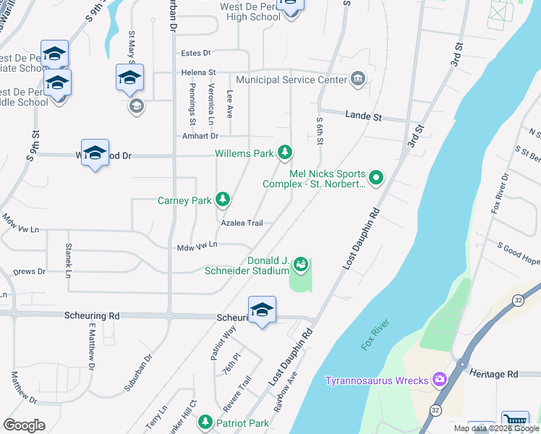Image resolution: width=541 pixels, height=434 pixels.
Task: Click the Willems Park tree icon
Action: click(x=286, y=152)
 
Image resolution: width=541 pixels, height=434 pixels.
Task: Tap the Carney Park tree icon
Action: click(x=223, y=199)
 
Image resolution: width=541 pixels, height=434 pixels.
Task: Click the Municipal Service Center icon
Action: click(x=357, y=79)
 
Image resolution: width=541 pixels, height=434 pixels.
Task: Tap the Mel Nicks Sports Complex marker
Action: click(x=376, y=177)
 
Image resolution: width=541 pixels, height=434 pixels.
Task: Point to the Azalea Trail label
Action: click(x=242, y=223)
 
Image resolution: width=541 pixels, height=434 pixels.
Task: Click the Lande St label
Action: click(x=363, y=116)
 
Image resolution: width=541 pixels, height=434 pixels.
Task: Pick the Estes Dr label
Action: click(x=195, y=53)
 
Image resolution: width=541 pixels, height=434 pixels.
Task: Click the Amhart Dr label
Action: click(x=200, y=136)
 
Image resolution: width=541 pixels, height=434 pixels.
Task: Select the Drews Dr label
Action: click(x=29, y=272)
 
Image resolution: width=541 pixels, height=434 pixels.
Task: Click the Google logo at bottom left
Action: click(x=24, y=425)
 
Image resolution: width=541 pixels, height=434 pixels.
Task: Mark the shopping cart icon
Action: click(x=514, y=422)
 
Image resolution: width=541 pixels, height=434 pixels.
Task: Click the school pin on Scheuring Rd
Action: click(x=261, y=310)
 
